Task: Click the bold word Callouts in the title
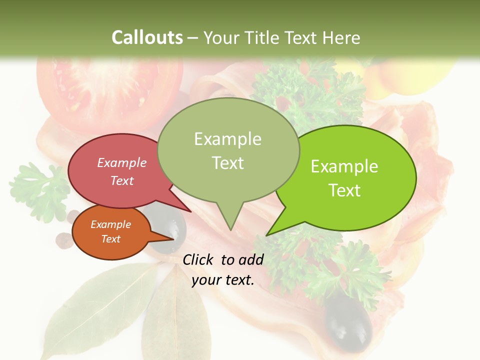pos(147,37)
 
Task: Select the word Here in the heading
pos(341,37)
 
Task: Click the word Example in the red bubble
pos(122,162)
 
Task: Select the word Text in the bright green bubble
pos(344,190)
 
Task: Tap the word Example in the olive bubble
pos(228,139)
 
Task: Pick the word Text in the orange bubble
pos(110,239)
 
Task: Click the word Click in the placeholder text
pos(198,259)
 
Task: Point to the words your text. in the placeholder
pos(223,280)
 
